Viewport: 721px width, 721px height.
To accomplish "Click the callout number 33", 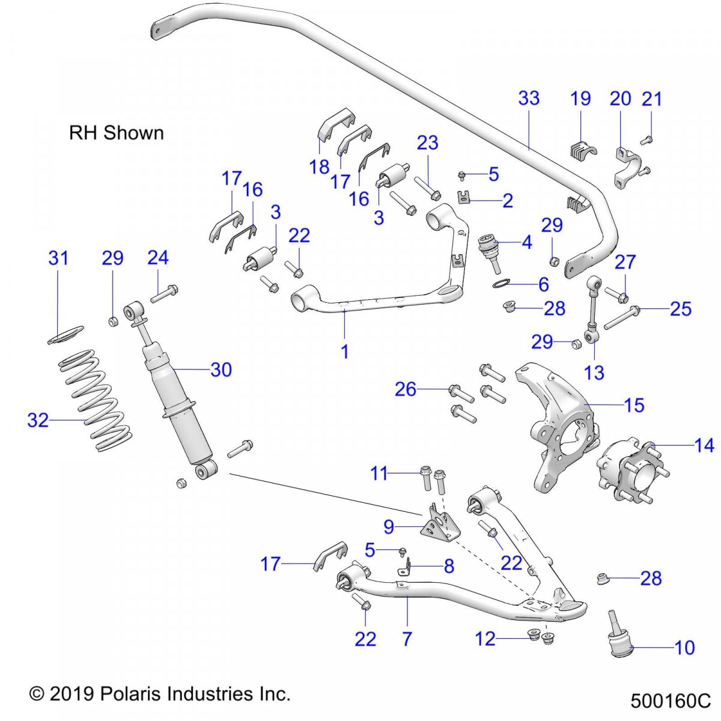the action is coord(529,98).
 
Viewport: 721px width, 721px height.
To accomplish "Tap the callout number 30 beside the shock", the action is coord(221,370).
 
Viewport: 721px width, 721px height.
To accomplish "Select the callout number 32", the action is coord(38,420).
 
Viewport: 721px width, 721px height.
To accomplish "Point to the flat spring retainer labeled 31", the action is coord(66,334).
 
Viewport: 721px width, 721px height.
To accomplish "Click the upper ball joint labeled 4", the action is coord(491,251).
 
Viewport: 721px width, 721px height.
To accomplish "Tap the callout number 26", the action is coord(406,389).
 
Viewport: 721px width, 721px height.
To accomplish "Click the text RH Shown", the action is coord(117,133).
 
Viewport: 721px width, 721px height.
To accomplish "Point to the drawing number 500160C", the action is coord(671,701).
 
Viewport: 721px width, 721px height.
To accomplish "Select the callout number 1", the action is coord(345,351).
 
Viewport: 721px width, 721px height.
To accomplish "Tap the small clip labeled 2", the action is coord(464,197).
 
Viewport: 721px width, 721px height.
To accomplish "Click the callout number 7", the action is coord(407,638).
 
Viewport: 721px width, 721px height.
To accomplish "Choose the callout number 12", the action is coord(485,638).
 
